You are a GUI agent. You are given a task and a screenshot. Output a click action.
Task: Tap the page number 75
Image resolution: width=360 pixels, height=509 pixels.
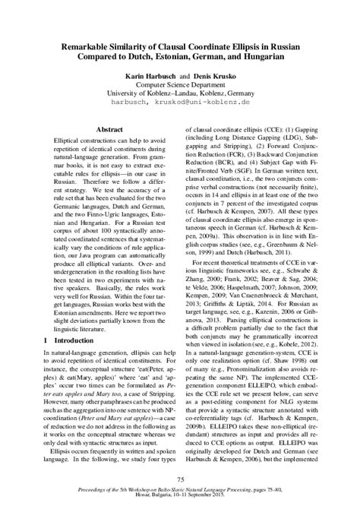(180, 478)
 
